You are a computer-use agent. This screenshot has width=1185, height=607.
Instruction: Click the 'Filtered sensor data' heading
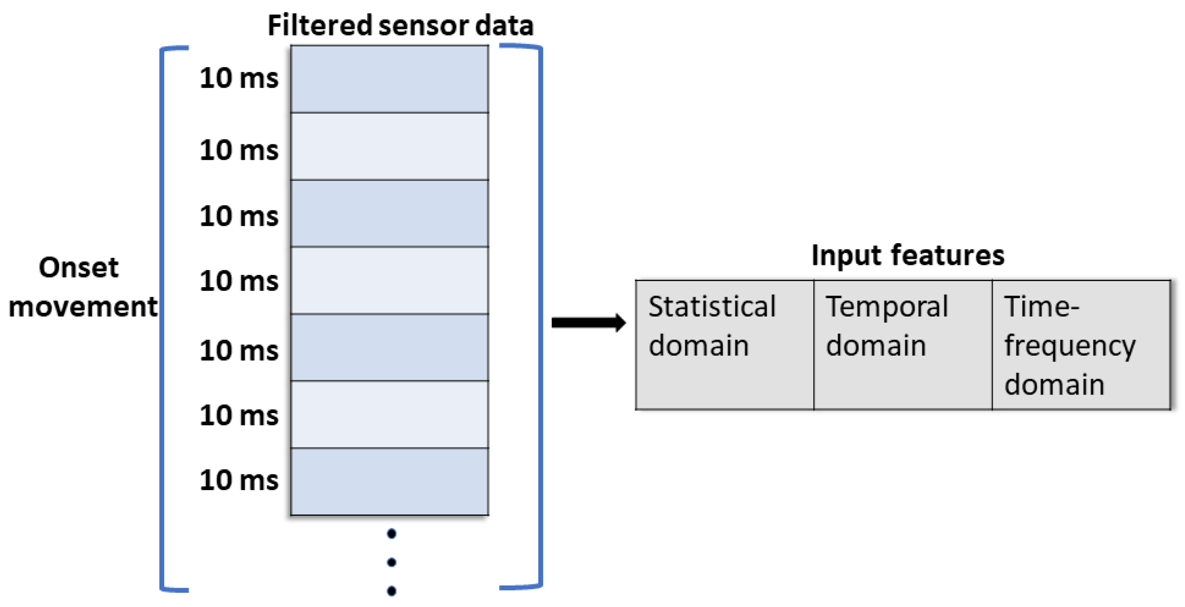400,25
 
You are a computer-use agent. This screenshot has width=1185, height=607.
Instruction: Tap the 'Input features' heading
907,255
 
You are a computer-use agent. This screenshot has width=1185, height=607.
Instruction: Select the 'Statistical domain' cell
724,344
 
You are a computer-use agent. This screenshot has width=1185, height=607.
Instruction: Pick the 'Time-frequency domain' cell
1080,344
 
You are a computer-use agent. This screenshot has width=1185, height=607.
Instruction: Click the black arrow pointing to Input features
588,323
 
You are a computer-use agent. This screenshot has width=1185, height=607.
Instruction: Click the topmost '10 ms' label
239,79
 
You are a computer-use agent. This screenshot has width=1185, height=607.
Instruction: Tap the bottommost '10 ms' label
239,481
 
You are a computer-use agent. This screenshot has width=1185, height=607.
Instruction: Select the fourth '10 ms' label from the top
239,281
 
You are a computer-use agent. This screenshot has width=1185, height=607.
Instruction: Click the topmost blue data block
389,79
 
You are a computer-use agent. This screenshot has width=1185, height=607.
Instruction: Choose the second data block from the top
389,146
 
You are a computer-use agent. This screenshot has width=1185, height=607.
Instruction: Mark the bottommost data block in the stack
389,482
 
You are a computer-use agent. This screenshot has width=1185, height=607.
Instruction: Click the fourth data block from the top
389,280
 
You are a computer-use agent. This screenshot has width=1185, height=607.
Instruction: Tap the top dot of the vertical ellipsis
391,534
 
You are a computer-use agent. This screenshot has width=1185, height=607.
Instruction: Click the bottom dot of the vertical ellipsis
391,591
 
